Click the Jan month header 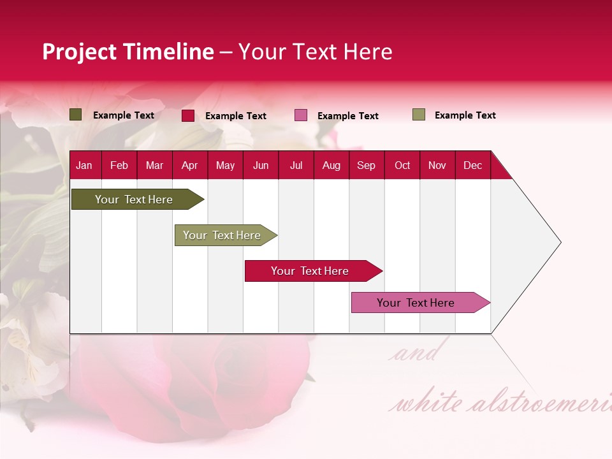click(x=84, y=165)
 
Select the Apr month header click(x=189, y=165)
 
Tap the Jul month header click(x=296, y=165)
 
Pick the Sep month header click(x=366, y=165)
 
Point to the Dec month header click(x=472, y=165)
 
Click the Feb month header click(x=119, y=165)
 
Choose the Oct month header click(x=402, y=165)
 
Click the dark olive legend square click(x=76, y=115)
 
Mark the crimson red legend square click(x=188, y=115)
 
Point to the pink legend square click(x=301, y=115)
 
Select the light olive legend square click(x=419, y=115)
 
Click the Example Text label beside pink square click(x=347, y=116)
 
